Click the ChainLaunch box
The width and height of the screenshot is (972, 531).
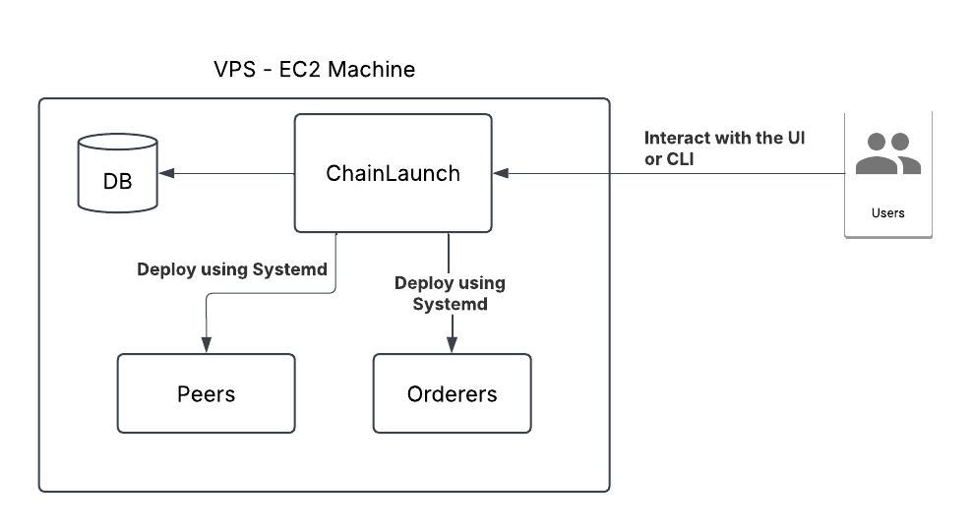click(x=393, y=173)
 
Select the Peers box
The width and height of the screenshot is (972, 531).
click(x=206, y=393)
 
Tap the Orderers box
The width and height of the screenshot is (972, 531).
click(x=452, y=393)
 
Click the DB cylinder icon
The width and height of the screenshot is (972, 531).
click(x=117, y=172)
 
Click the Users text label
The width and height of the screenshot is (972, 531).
click(x=887, y=212)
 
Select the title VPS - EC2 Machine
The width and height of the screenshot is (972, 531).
click(x=315, y=70)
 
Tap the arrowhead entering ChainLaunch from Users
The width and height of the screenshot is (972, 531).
click(x=501, y=173)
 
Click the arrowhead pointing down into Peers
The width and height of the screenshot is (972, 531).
click(x=206, y=344)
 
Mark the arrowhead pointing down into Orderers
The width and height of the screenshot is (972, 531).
click(x=452, y=344)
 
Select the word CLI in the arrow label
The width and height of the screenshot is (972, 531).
click(x=678, y=158)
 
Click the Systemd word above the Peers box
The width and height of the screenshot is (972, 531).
click(x=289, y=269)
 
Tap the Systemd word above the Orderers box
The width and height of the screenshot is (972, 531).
click(x=450, y=304)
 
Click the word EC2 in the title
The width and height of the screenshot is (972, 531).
click(x=306, y=70)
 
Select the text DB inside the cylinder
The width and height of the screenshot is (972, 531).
click(x=117, y=182)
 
